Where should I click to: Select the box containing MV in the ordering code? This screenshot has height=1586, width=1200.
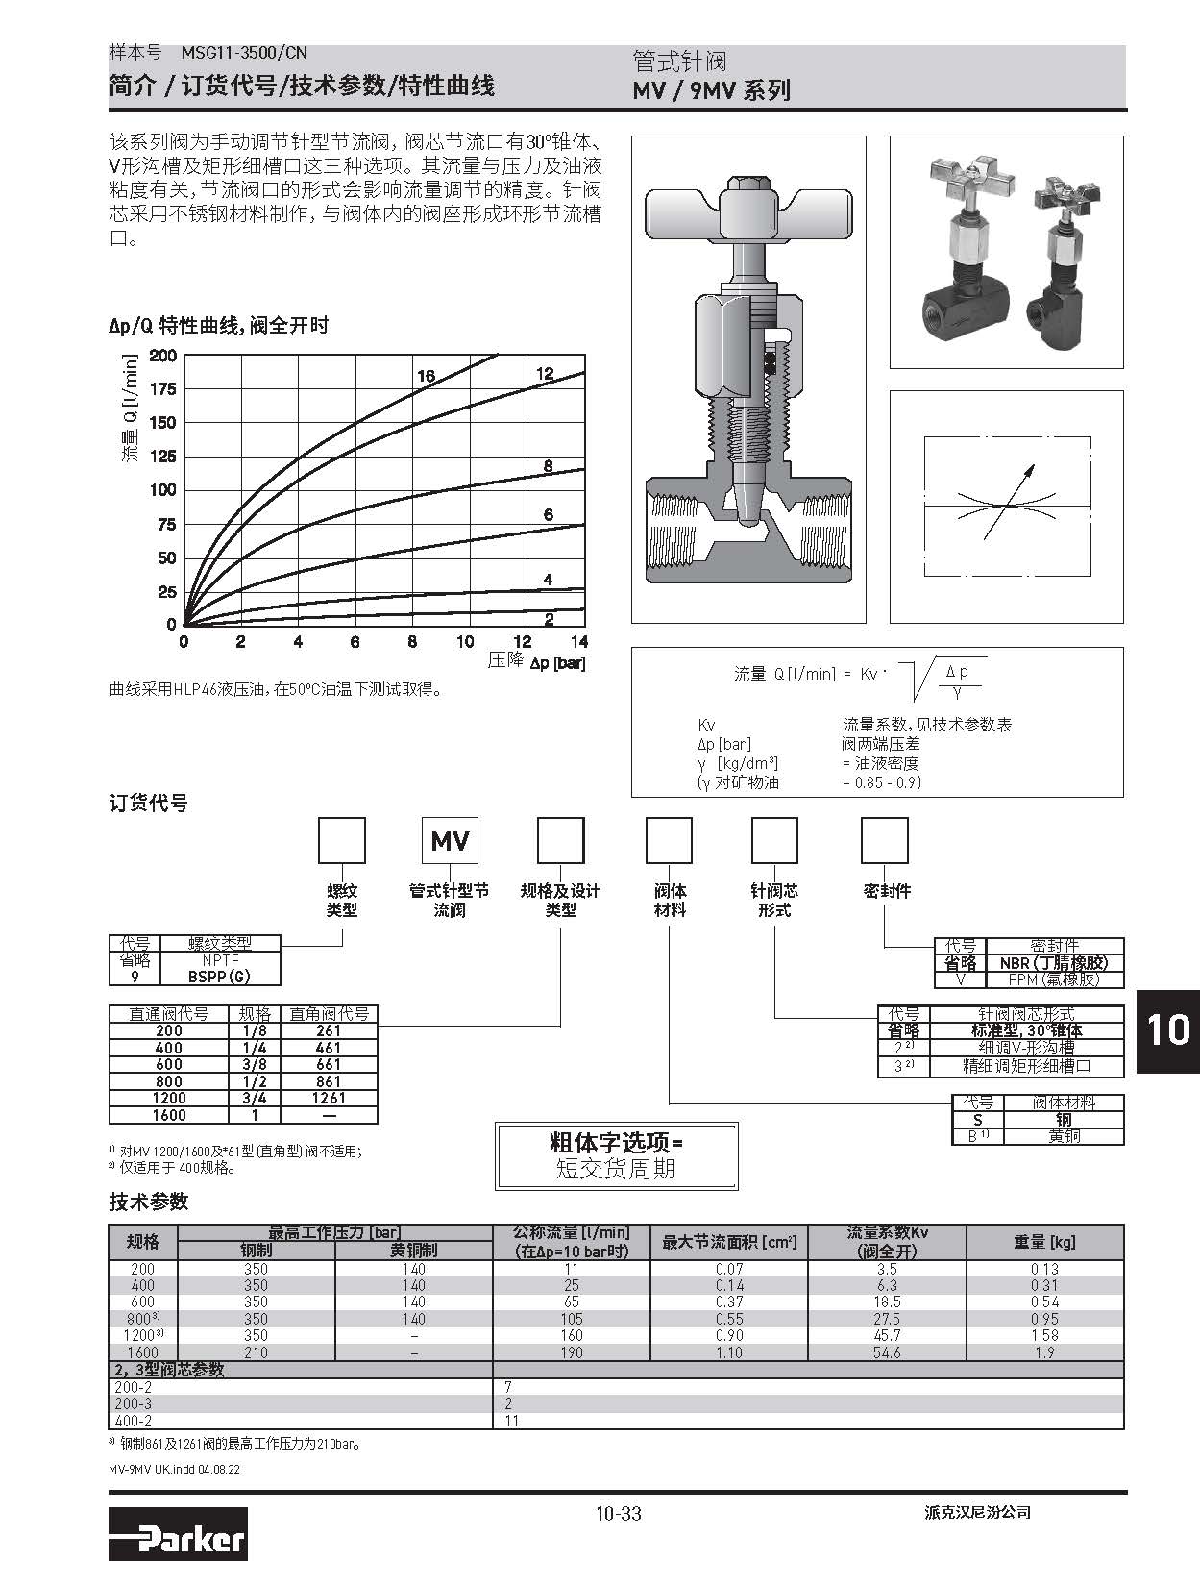point(450,840)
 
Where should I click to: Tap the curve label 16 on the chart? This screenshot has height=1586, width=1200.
point(426,377)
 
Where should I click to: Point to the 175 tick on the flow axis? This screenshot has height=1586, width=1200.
point(162,388)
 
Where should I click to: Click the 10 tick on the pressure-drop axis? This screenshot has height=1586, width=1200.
point(465,642)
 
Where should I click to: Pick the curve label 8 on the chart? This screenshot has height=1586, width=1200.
point(548,467)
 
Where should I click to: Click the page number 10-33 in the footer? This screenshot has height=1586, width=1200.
point(619,1513)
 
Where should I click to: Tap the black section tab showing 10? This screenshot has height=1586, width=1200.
point(1168,1031)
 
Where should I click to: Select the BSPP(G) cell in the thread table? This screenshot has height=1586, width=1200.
point(219,977)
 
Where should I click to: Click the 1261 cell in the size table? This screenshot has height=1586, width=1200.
point(329,1098)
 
